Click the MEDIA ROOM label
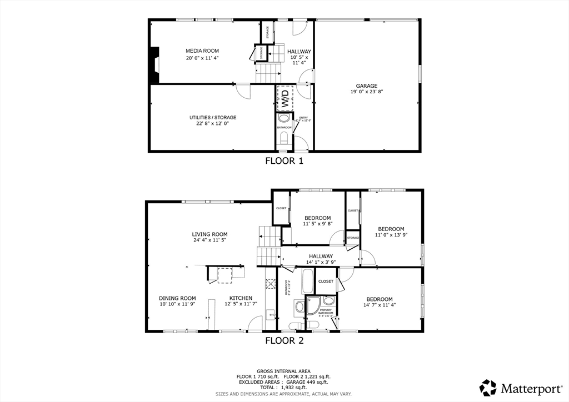click(202, 51)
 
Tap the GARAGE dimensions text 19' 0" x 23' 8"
click(367, 92)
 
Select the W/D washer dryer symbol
click(284, 99)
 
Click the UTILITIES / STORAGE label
click(212, 118)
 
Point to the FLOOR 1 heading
click(283, 162)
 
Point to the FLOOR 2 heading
click(284, 340)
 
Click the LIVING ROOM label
click(209, 234)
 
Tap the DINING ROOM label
click(177, 298)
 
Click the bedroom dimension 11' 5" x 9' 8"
click(317, 224)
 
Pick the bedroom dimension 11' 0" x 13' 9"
click(391, 235)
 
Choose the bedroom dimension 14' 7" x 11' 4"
click(378, 305)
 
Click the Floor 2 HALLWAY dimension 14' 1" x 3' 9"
click(321, 262)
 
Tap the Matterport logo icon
click(488, 387)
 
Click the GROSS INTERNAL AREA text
click(283, 371)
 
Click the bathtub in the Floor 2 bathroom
click(308, 282)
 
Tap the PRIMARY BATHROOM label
click(326, 311)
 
